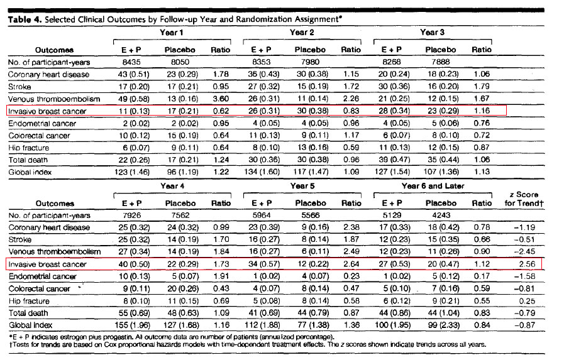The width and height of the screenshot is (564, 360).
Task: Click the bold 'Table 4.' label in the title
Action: [x=25, y=19]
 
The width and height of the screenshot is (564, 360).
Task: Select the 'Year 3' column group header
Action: [x=432, y=32]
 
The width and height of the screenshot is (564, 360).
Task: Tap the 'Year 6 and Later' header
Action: [x=433, y=186]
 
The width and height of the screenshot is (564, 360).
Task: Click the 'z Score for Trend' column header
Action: [x=524, y=199]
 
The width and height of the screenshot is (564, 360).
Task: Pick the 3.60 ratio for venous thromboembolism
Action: [x=221, y=99]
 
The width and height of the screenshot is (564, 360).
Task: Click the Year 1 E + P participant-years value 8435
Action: [x=131, y=62]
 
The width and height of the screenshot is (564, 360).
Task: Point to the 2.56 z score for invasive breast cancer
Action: [x=527, y=264]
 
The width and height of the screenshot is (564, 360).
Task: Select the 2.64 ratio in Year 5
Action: [x=351, y=264]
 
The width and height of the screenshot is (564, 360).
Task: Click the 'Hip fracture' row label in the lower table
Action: [x=29, y=301]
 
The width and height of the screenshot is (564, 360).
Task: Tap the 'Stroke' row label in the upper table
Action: [x=19, y=87]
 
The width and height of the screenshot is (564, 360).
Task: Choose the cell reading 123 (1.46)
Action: [x=132, y=172]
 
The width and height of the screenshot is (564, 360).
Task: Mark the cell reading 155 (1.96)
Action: [x=133, y=325]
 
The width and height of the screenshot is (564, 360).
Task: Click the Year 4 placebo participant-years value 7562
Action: [x=180, y=215]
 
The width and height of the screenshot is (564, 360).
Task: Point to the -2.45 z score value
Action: [x=525, y=251]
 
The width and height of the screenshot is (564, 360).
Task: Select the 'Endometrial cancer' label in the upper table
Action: [x=42, y=124]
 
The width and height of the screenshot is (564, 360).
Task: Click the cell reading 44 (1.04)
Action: [x=443, y=313]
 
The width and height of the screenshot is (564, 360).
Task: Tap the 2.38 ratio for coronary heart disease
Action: [x=351, y=227]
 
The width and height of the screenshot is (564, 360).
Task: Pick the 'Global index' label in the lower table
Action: [x=31, y=325]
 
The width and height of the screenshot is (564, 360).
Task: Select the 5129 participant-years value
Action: [x=392, y=215]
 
